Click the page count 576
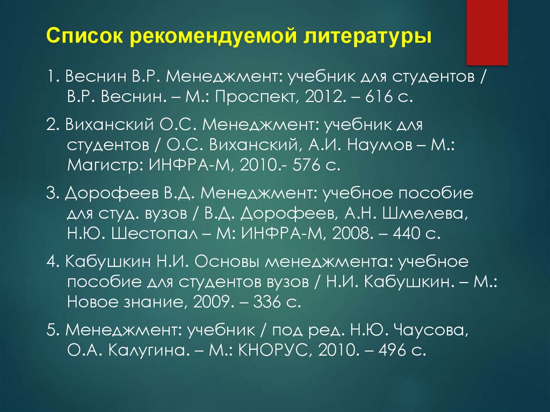tap(307, 164)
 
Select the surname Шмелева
tap(424, 212)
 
